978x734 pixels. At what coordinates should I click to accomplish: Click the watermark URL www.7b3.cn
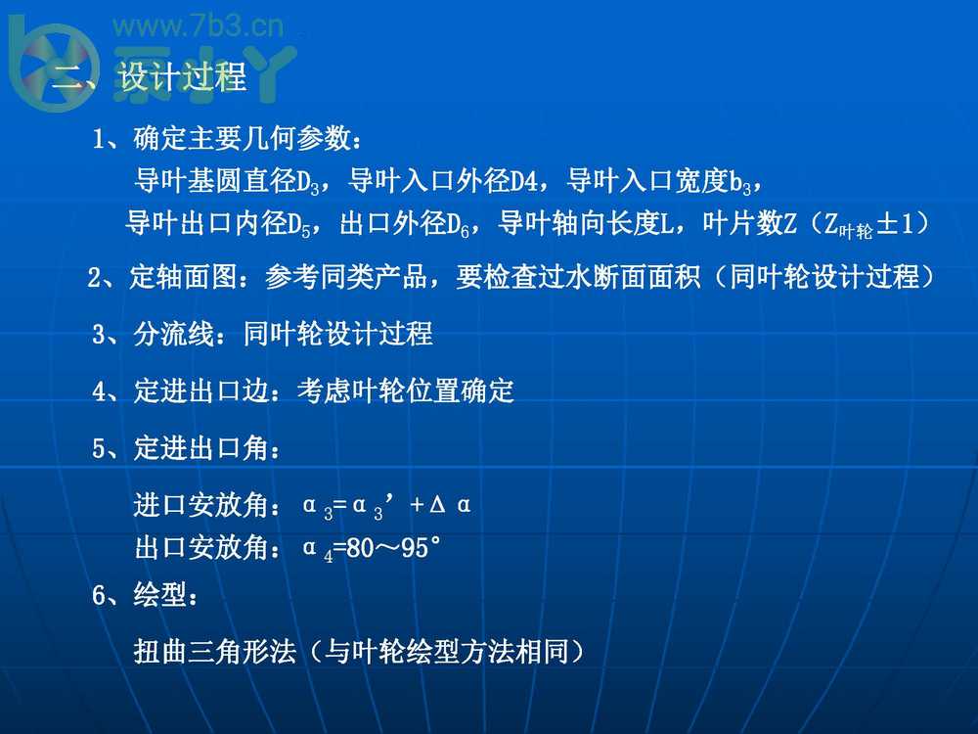tap(199, 26)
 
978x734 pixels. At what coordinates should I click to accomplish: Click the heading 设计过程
tap(183, 77)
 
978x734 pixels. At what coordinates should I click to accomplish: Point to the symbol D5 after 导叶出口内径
tap(300, 225)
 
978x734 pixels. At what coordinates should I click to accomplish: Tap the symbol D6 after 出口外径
tap(462, 225)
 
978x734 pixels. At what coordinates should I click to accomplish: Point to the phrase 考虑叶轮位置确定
tap(406, 392)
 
